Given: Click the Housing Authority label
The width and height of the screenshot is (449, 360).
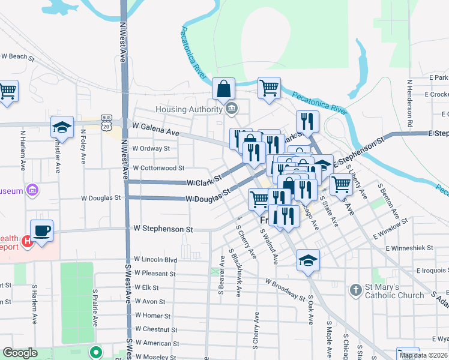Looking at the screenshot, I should (189, 109).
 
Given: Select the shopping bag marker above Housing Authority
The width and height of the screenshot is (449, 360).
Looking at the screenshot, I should (223, 89).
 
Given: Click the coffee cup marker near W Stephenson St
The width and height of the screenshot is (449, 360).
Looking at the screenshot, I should (41, 230).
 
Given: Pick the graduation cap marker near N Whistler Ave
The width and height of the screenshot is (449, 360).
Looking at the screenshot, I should (62, 127).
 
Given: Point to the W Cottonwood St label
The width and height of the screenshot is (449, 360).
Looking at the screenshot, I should (158, 169).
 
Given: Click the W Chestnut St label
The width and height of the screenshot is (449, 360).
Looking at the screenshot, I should (157, 329).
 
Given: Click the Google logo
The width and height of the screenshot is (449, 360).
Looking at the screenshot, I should (20, 353).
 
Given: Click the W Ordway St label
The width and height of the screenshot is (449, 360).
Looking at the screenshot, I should (151, 148).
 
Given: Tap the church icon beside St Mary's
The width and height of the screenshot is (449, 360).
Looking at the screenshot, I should (356, 290).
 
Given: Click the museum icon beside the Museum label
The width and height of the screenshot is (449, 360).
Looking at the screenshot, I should (32, 191).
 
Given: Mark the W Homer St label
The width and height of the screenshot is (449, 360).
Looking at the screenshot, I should (152, 316).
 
